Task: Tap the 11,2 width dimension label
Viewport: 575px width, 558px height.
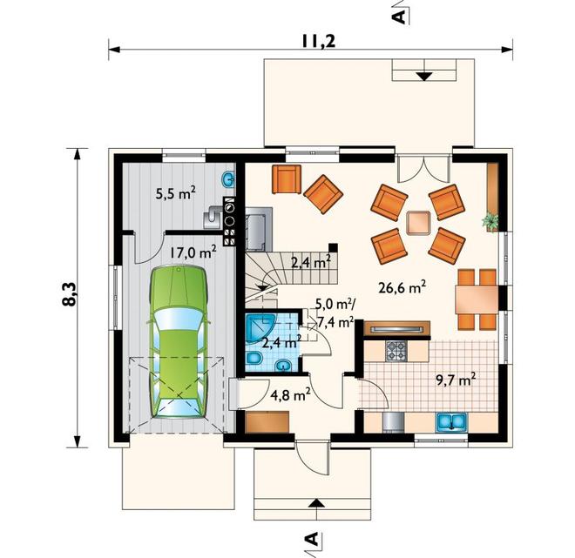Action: [318, 41]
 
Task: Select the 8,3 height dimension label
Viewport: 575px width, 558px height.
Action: [70, 294]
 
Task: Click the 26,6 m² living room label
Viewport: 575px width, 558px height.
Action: [402, 287]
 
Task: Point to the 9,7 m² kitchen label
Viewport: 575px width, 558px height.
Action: [456, 380]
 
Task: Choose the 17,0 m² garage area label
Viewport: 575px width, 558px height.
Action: [193, 252]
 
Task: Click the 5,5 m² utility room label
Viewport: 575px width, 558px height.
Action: [175, 193]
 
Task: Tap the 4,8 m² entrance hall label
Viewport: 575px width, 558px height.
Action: [290, 395]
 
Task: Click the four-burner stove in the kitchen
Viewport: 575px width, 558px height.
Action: [396, 350]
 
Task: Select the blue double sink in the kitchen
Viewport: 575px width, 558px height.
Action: [451, 421]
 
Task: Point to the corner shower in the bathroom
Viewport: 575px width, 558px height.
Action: [260, 327]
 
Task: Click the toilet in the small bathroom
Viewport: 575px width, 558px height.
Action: [253, 358]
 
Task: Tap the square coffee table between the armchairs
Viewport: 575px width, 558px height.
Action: [418, 223]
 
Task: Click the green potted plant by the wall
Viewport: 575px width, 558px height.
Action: [490, 220]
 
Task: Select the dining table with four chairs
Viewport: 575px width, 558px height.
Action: [477, 299]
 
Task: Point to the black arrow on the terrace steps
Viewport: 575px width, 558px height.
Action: [424, 77]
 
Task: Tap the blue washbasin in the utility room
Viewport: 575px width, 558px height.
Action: [228, 179]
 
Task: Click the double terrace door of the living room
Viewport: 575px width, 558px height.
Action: [423, 168]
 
